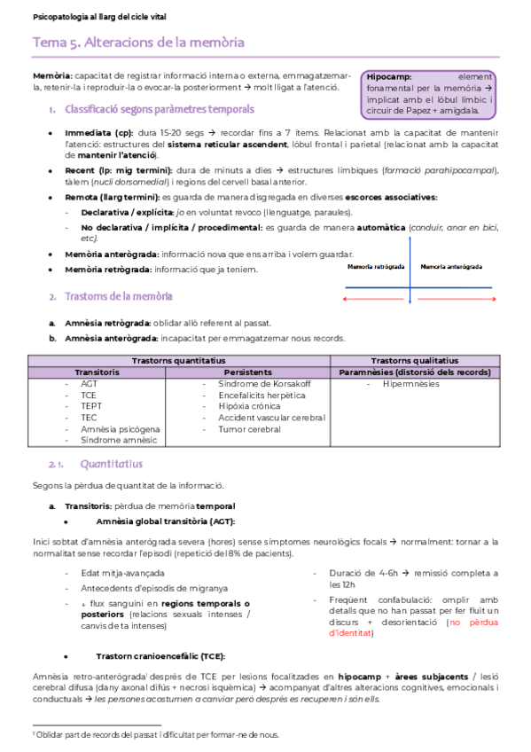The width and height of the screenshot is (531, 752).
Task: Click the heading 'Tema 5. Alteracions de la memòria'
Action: coord(138,43)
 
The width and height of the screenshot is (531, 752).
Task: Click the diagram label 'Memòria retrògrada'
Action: coord(377,266)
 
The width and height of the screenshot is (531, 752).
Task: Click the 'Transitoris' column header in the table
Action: coord(97,372)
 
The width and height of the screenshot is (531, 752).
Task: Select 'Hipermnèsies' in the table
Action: coord(410,384)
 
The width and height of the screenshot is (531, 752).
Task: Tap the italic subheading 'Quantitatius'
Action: coord(111,464)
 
